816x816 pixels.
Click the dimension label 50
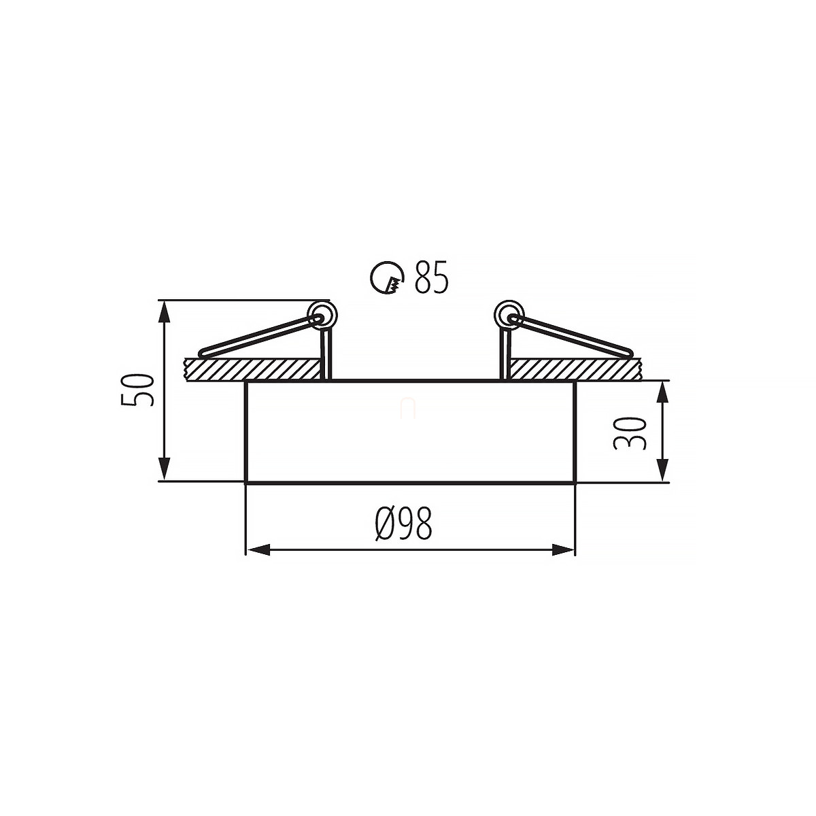coord(137,390)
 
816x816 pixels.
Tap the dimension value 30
coord(630,432)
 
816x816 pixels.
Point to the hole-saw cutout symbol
coord(387,278)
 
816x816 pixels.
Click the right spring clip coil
coord(509,316)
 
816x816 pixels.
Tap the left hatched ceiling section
coord(252,369)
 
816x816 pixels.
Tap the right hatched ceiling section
coord(577,369)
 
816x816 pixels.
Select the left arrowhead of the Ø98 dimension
coord(258,550)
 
